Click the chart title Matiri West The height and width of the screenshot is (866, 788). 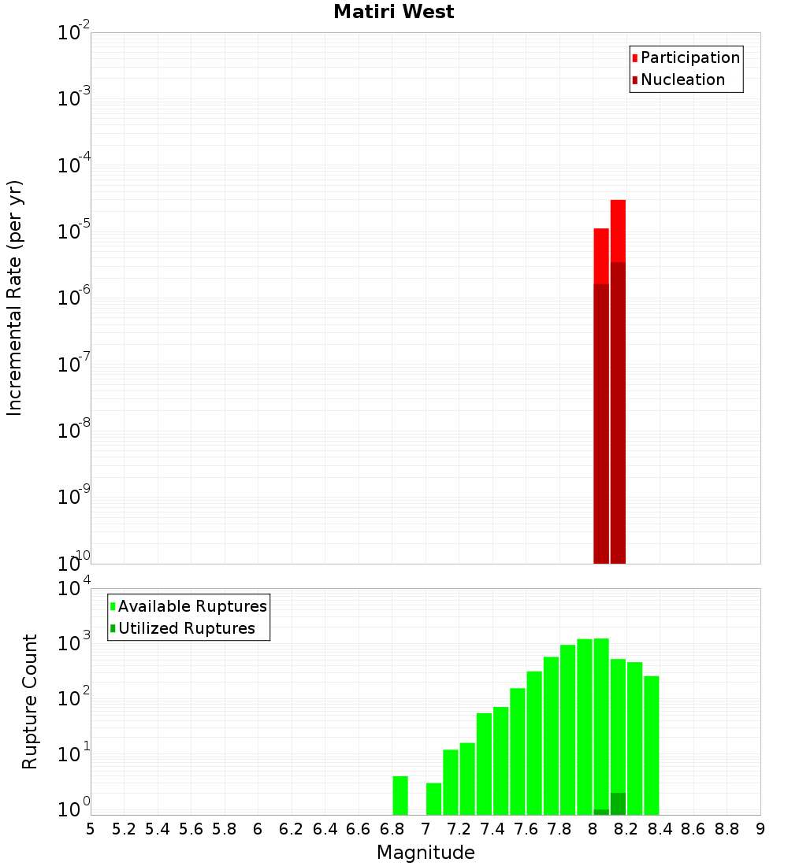click(x=393, y=12)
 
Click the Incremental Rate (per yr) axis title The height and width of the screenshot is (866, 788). click(x=15, y=298)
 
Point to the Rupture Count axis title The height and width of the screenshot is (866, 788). click(x=30, y=701)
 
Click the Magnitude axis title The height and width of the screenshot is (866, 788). click(x=426, y=853)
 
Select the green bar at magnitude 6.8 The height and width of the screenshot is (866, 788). click(x=400, y=795)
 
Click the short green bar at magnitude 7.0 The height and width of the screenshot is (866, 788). click(x=433, y=798)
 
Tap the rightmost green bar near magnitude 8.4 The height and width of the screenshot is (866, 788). click(x=652, y=745)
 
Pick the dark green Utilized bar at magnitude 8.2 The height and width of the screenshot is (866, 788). click(x=618, y=804)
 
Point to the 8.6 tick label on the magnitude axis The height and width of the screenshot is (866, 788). click(x=693, y=829)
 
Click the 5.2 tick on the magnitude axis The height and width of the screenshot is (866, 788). click(x=124, y=829)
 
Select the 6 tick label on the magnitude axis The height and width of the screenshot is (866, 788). click(x=258, y=829)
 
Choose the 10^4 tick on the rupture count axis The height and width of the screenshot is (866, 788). click(x=76, y=589)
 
